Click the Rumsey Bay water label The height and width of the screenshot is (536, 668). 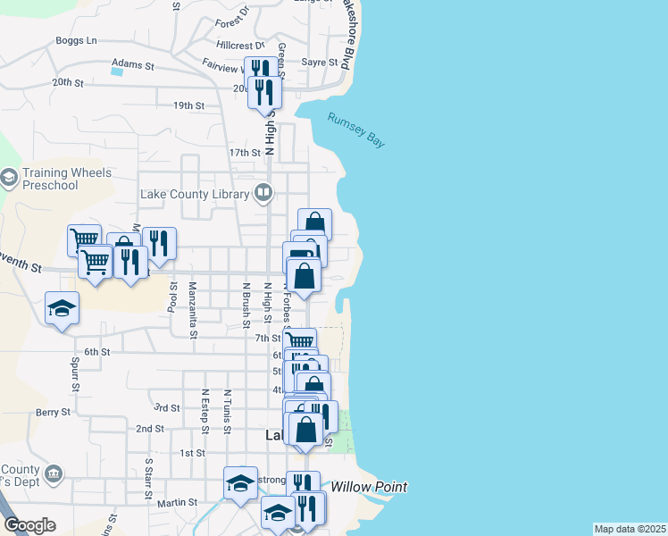click(x=355, y=130)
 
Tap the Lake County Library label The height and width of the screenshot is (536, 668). click(x=196, y=193)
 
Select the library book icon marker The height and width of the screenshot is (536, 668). click(x=263, y=192)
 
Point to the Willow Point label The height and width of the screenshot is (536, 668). click(x=369, y=487)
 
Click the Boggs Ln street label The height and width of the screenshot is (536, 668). click(x=76, y=40)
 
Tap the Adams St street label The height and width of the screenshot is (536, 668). click(x=133, y=66)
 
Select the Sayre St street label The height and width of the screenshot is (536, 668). click(x=320, y=63)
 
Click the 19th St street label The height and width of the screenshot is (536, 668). click(x=189, y=105)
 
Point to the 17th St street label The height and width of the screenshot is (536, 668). click(x=244, y=153)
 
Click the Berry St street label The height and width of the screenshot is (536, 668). click(x=53, y=412)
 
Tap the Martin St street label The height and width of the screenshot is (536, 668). click(x=177, y=503)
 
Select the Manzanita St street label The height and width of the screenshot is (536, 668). click(x=193, y=310)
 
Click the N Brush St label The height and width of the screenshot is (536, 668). click(x=246, y=304)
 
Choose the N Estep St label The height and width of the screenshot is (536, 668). click(x=205, y=411)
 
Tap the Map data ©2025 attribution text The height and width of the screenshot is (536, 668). click(x=630, y=529)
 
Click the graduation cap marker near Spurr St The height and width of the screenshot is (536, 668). click(x=63, y=308)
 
